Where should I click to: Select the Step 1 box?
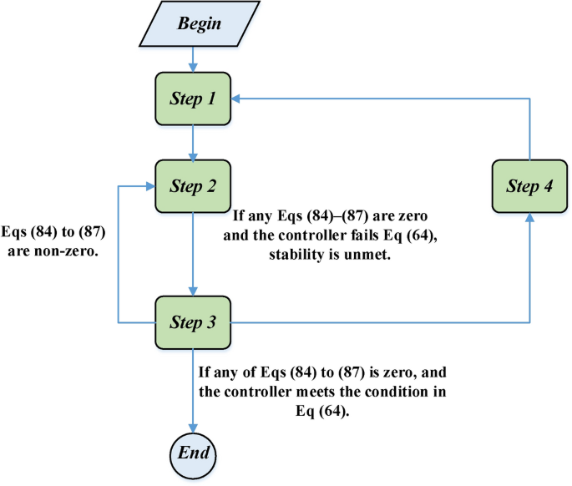pos(194,99)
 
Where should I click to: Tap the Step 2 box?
pos(194,185)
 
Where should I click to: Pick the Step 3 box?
pos(194,321)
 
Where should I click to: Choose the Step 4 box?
pos(529,185)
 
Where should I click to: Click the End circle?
pos(194,455)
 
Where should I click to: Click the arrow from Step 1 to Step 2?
pos(194,142)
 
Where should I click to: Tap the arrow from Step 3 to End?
pos(194,388)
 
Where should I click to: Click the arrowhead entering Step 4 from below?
pos(529,218)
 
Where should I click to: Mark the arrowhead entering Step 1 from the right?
pos(237,99)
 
